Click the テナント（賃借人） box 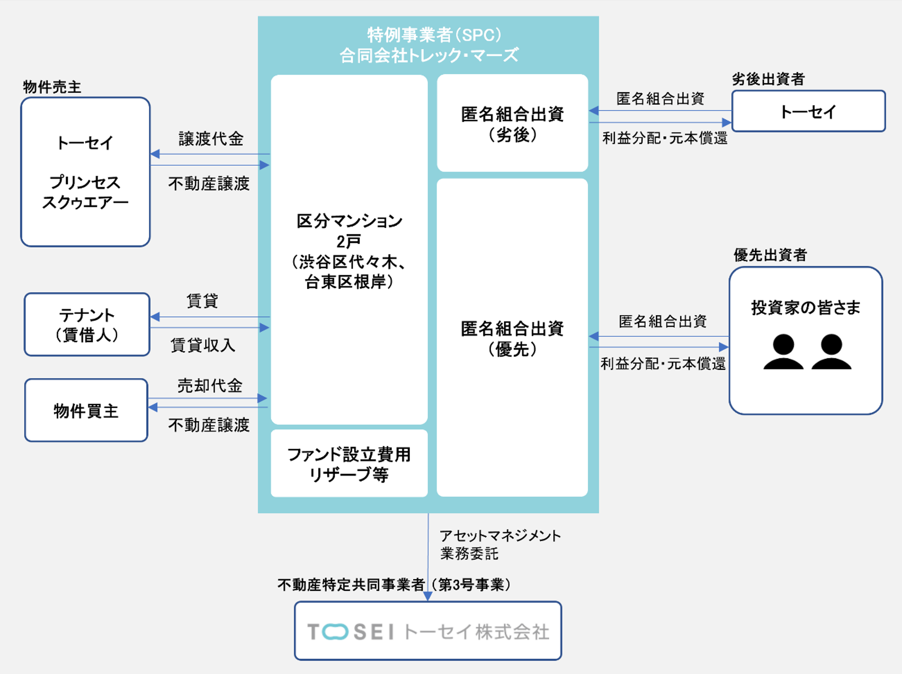(87, 324)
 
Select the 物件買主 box (86, 410)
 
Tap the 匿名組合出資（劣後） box (512, 123)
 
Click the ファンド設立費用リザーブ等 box (349, 463)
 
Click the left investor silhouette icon (783, 351)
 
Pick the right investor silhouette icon (831, 351)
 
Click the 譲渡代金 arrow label (211, 139)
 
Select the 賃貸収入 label (203, 345)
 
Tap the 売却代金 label (210, 386)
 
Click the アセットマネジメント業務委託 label (499, 544)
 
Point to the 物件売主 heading (52, 87)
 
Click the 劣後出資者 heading (768, 79)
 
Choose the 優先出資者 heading (770, 255)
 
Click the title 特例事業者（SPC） (434, 35)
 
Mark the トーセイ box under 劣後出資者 (808, 111)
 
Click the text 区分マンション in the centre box (349, 221)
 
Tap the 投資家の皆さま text (806, 307)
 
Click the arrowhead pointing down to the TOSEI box (428, 596)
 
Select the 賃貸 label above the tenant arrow (203, 301)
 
